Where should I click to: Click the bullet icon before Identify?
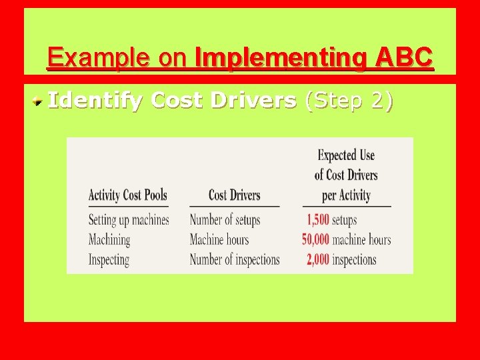coord(40,101)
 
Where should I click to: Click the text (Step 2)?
coord(348,101)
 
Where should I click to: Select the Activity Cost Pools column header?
coord(128,195)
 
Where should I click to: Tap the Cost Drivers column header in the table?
coord(234,195)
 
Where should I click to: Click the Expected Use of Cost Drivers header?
coord(346,175)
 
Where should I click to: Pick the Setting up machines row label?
coord(129,219)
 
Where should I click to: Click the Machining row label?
coord(109,239)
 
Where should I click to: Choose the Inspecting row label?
coord(109,259)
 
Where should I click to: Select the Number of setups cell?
coord(225,219)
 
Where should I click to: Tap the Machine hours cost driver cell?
coord(219,239)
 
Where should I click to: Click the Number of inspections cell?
coord(235,259)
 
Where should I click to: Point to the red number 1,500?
coord(318,219)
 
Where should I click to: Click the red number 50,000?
coord(315,239)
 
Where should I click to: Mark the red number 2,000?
coord(318,259)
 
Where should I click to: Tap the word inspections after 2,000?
coord(354,259)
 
